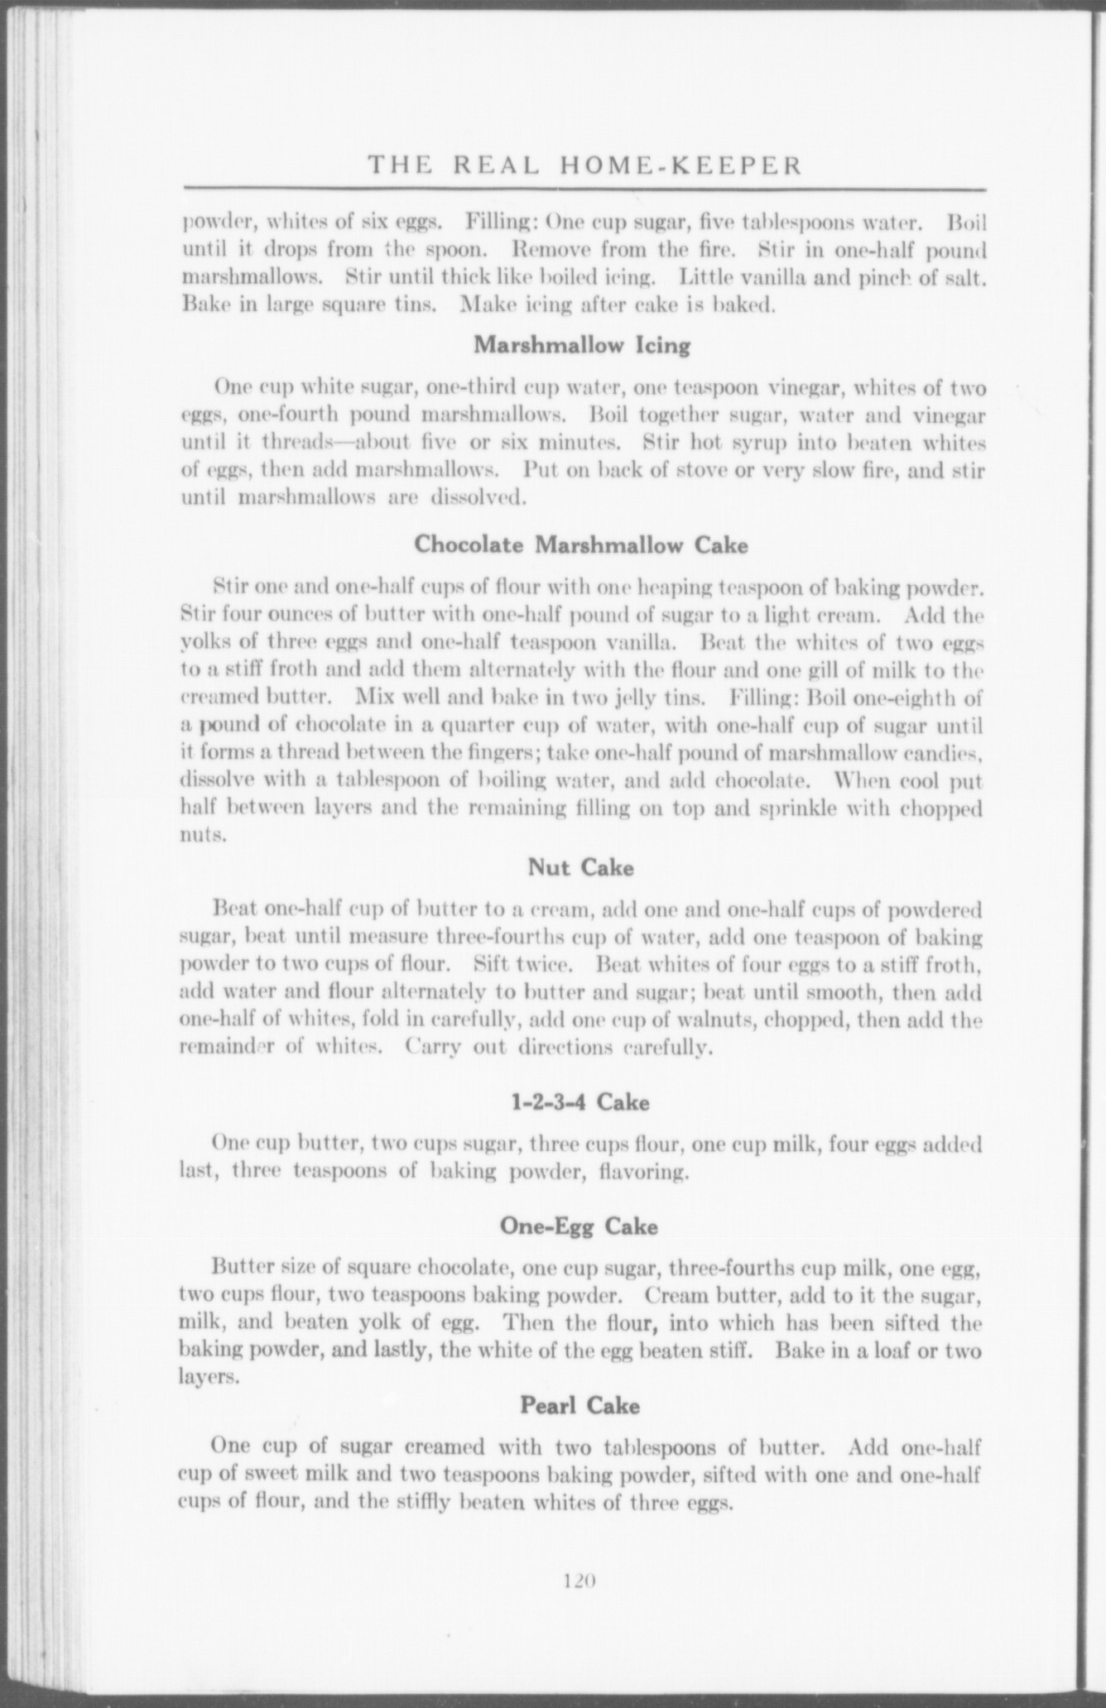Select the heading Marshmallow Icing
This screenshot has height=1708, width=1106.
tap(581, 345)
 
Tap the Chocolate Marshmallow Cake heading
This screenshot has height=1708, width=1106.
tap(580, 545)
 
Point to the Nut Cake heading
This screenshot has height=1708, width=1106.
tap(580, 868)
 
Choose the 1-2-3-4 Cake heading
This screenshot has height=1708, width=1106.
tap(580, 1103)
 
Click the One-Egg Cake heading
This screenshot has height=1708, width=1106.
tap(579, 1226)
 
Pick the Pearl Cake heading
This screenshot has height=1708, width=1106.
tap(580, 1405)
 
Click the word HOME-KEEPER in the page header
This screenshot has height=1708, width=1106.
tap(682, 166)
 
